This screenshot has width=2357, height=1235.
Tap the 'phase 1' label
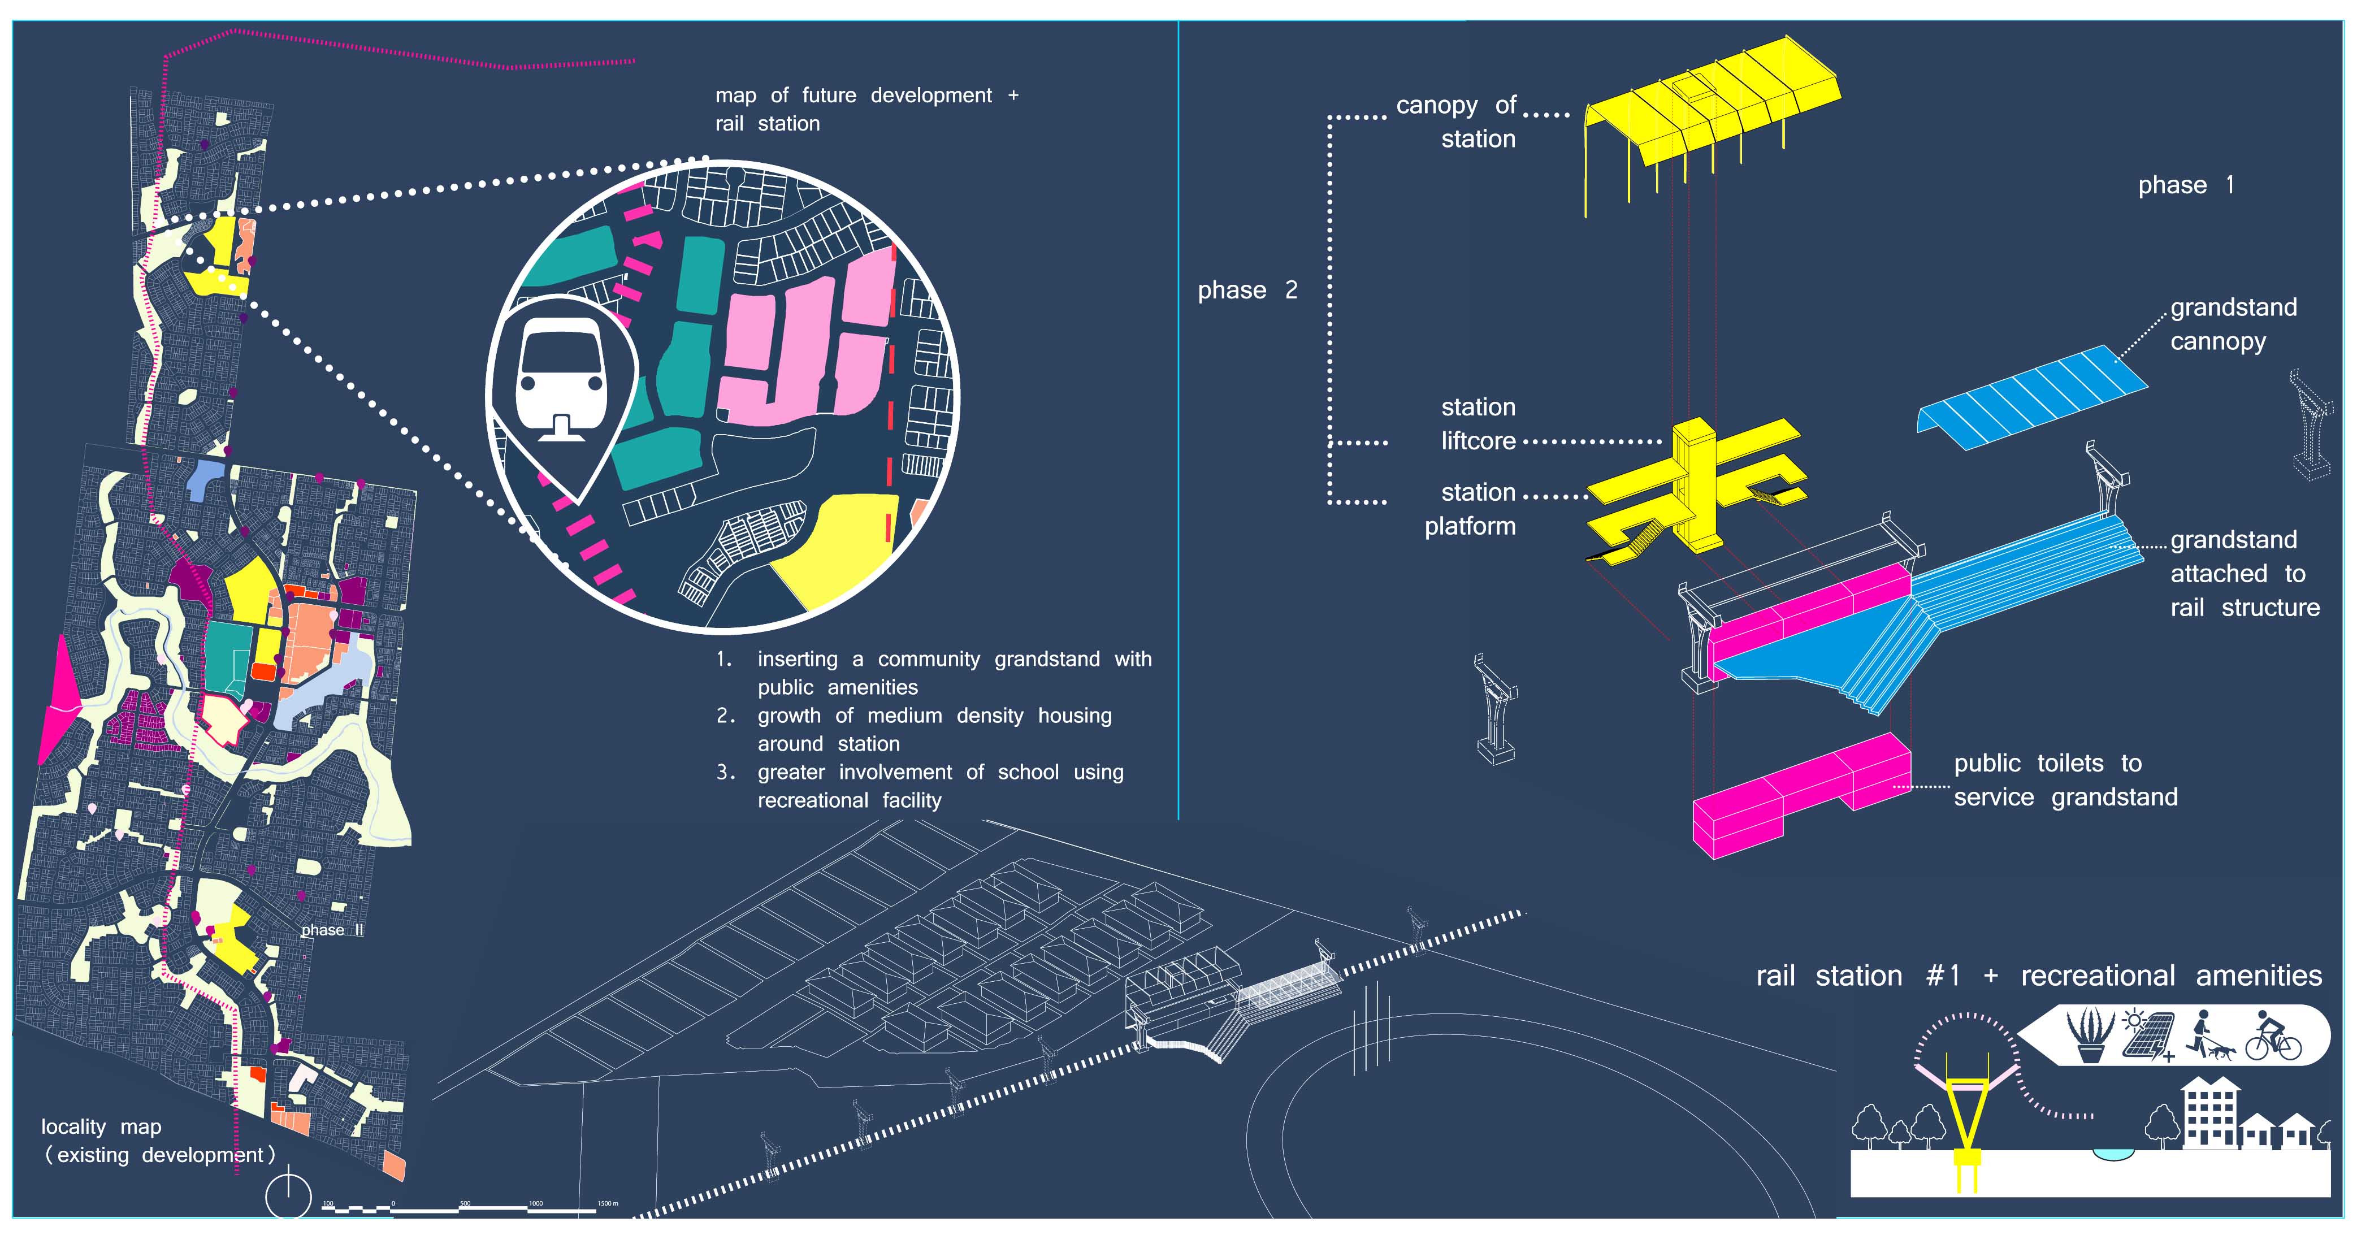[2185, 186]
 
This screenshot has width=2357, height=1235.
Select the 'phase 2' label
[1247, 291]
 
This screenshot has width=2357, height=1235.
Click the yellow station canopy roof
[1711, 101]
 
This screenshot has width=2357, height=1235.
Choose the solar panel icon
[2147, 1037]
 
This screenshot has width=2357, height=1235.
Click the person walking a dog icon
[2209, 1037]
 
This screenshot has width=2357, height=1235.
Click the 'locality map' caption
[101, 1127]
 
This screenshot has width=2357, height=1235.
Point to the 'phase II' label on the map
[332, 930]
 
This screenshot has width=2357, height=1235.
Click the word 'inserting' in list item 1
[797, 660]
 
